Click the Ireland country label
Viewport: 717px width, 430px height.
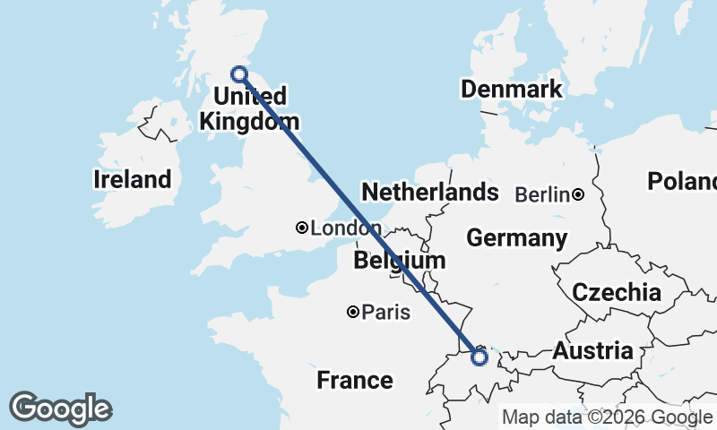tap(132, 179)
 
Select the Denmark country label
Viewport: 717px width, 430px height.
tap(511, 89)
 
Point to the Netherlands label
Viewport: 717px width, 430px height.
tap(429, 192)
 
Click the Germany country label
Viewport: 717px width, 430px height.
tap(516, 238)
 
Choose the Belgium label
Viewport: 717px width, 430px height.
tap(400, 261)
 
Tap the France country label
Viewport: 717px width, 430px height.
tap(355, 380)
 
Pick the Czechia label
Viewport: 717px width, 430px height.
tap(617, 292)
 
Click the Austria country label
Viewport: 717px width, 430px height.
tap(592, 351)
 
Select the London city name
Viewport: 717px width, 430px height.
tap(339, 228)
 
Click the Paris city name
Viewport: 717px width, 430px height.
tap(387, 313)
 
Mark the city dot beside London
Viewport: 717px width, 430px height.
tap(302, 228)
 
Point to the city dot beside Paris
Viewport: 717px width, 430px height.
tap(354, 312)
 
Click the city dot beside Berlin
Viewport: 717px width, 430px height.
tap(579, 194)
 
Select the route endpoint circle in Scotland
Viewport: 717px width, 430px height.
tap(239, 74)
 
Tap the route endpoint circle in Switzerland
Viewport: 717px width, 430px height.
tap(479, 357)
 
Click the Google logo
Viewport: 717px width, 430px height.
tap(60, 408)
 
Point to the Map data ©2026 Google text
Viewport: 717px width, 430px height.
tap(607, 417)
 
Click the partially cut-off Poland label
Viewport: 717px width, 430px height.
tap(683, 182)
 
